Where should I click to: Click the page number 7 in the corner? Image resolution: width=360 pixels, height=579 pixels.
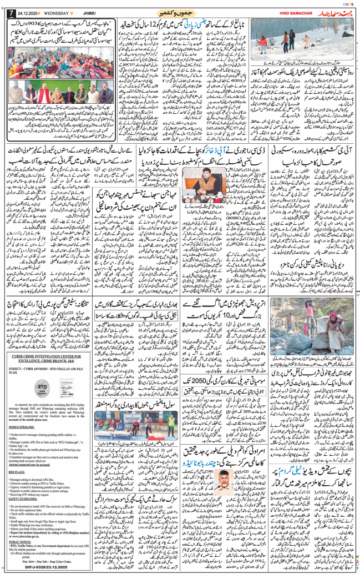[x=7, y=13]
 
